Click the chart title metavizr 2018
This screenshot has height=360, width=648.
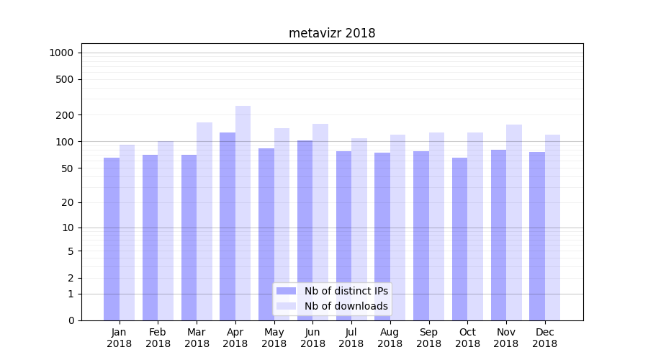[332, 33]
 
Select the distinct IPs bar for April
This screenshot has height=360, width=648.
[228, 226]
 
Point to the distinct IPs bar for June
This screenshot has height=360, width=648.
[305, 230]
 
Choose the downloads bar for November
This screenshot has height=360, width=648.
[514, 222]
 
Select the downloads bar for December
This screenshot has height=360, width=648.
[552, 228]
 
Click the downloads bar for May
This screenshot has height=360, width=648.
[282, 224]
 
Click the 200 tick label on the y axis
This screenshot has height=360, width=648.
[66, 115]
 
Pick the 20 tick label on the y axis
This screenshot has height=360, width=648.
[68, 202]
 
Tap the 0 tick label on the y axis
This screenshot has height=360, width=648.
[71, 320]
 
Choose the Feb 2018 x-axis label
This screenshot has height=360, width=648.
[158, 338]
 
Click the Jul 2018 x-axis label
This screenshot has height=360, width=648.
[351, 338]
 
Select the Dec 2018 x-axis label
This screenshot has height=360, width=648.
[544, 338]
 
